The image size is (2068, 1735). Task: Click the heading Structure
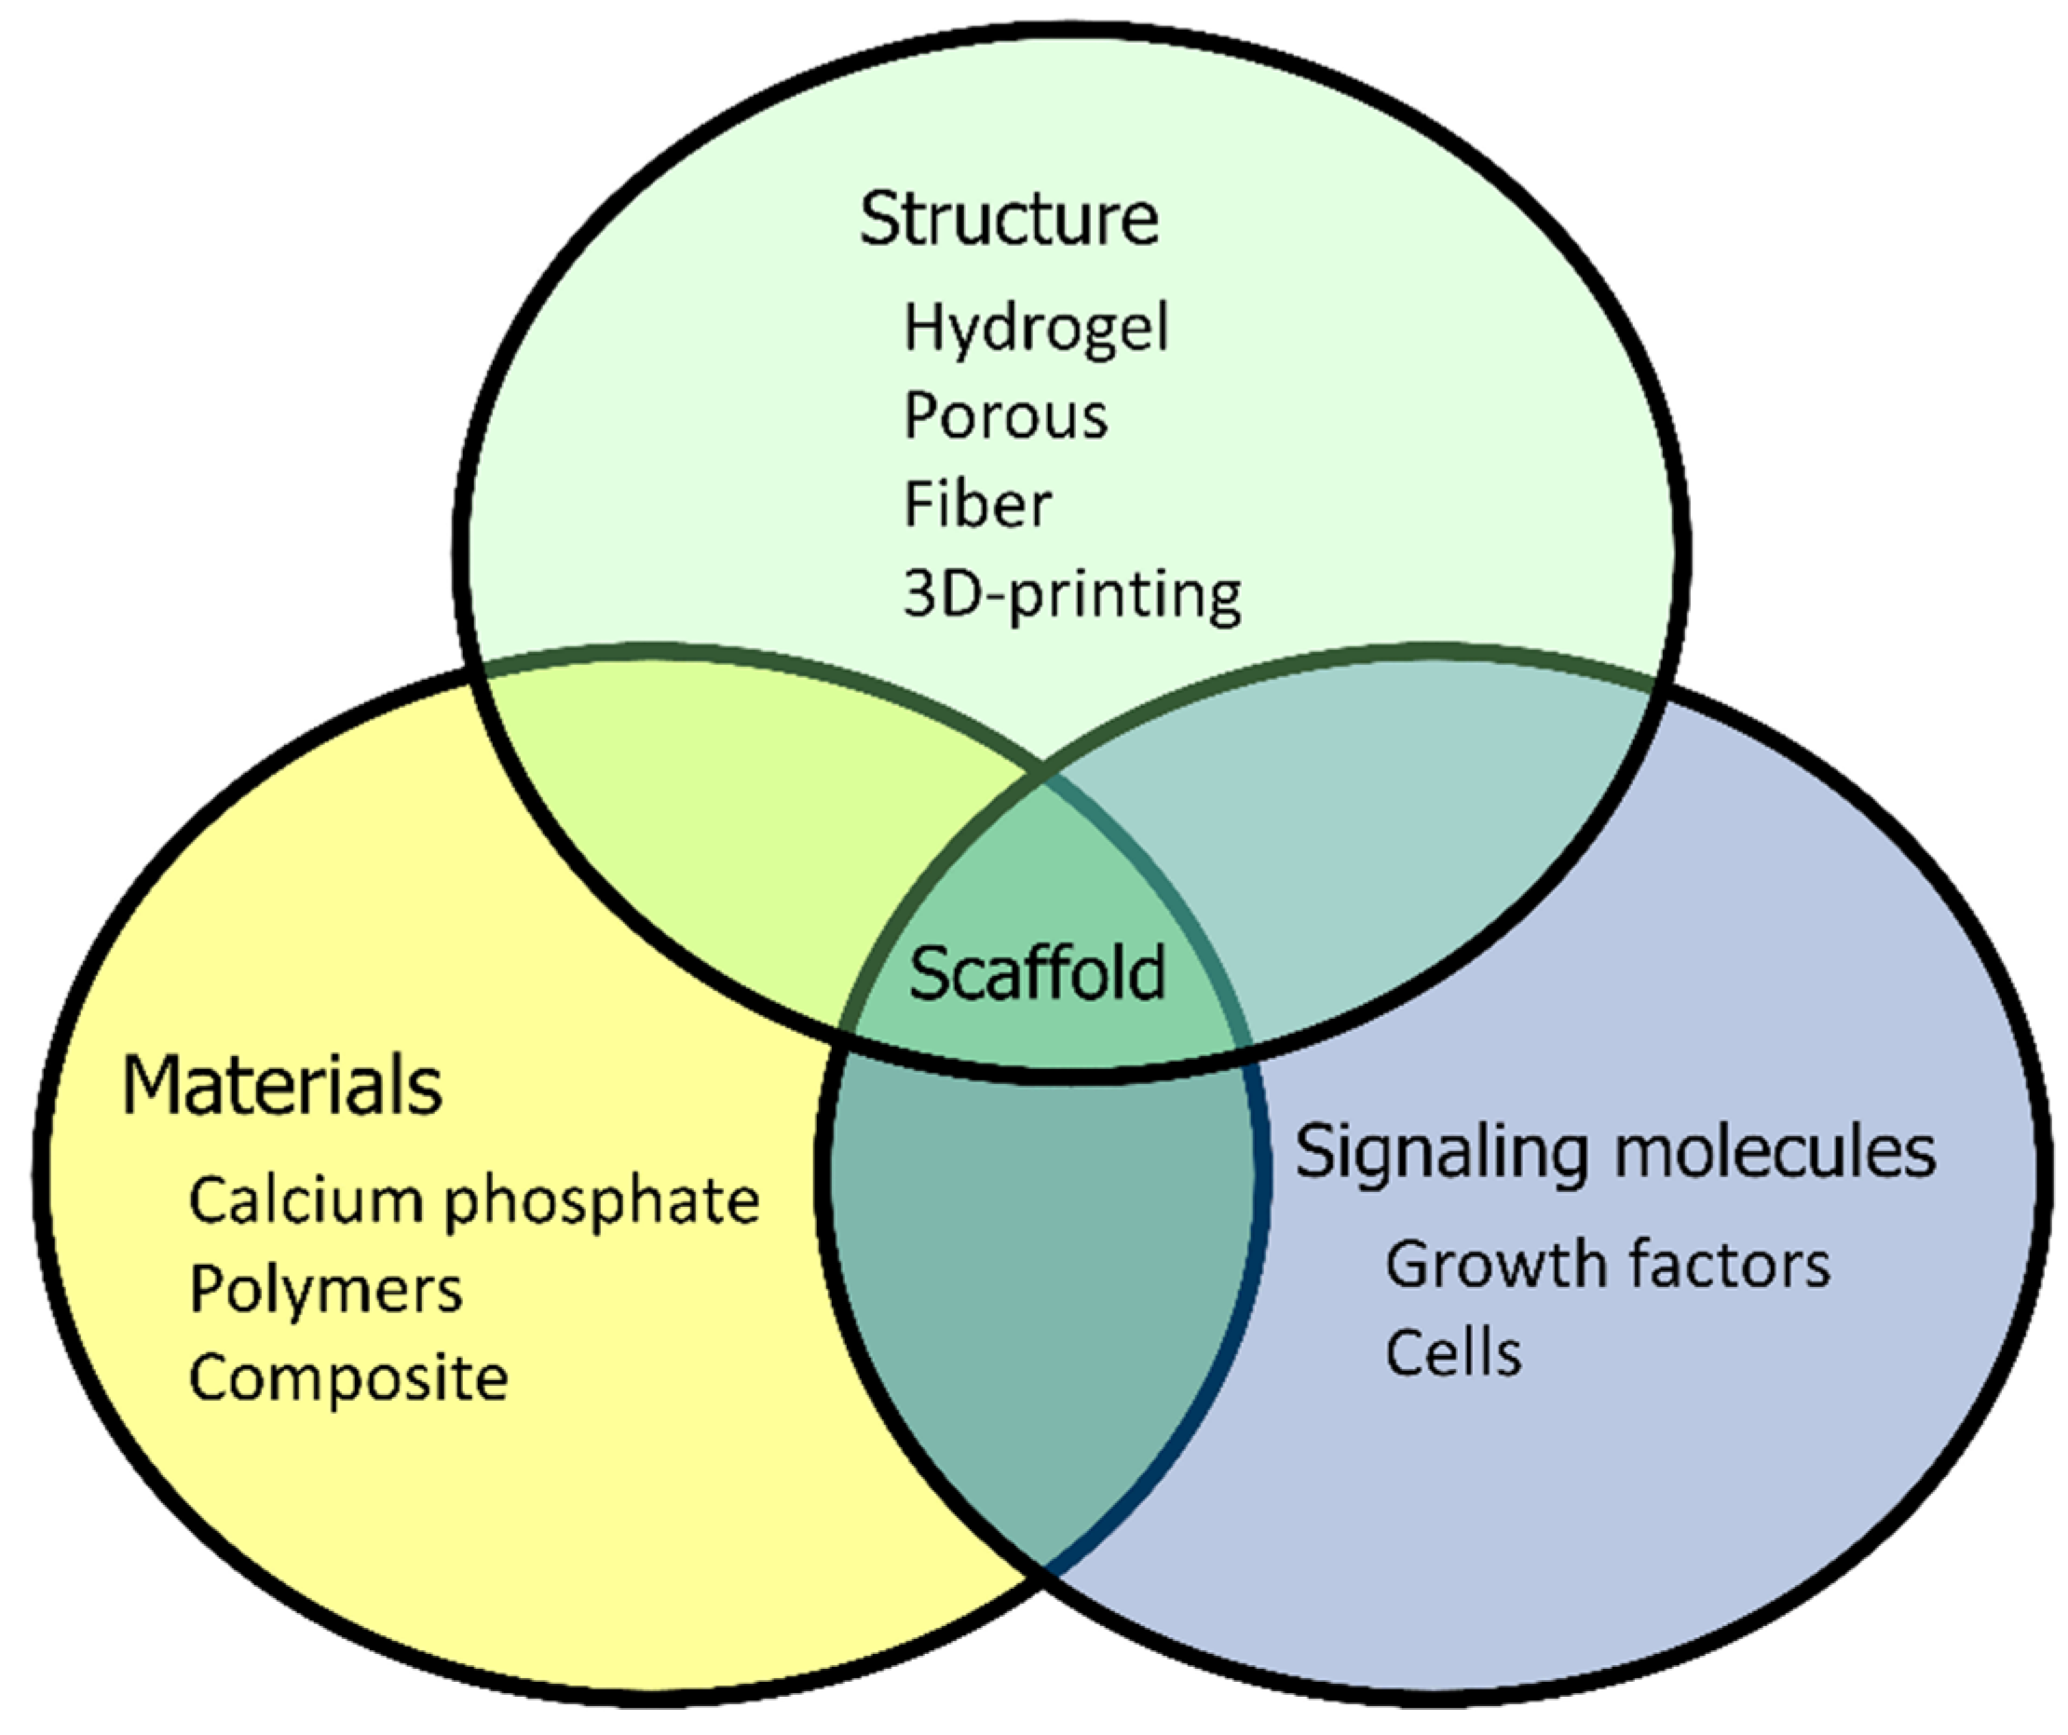(1009, 219)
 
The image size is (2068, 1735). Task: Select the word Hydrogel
(1035, 329)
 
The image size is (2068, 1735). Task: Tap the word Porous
(1005, 416)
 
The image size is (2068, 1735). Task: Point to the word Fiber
(977, 504)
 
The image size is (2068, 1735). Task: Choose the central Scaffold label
(1036, 973)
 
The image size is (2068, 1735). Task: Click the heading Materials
(281, 1085)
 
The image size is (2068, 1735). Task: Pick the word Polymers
(325, 1290)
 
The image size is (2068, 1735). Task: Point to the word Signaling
(1440, 1152)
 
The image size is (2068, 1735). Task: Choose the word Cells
(1452, 1352)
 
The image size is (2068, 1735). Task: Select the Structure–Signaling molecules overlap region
(1379, 837)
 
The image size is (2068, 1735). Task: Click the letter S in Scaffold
(927, 973)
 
